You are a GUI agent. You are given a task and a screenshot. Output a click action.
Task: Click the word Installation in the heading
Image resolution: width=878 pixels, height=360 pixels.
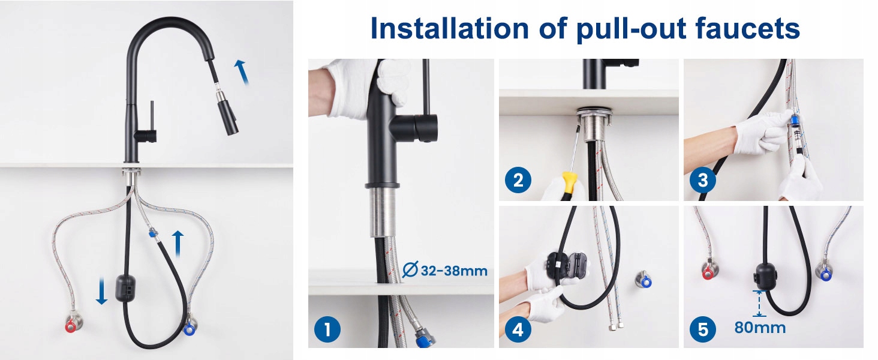tap(449, 28)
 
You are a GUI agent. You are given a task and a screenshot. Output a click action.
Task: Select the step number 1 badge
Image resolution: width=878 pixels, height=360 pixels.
tap(327, 329)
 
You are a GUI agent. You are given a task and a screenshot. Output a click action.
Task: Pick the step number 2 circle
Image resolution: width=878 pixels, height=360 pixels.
tap(518, 180)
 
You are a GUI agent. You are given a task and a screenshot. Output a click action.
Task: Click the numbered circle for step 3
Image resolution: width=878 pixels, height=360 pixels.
tap(703, 180)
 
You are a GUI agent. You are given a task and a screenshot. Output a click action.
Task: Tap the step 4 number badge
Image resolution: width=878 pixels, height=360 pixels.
tap(518, 329)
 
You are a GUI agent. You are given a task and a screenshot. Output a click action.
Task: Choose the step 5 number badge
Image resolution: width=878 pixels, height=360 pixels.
tap(703, 329)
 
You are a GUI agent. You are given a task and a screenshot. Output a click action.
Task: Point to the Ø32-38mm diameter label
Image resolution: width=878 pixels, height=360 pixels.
tap(445, 270)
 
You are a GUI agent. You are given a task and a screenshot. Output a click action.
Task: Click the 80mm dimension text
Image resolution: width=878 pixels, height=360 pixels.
tap(760, 328)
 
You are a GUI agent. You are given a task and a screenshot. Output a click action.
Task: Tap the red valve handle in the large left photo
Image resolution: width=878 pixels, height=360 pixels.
tap(71, 326)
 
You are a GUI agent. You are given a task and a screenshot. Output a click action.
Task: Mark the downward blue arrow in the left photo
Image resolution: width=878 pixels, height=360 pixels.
tap(101, 290)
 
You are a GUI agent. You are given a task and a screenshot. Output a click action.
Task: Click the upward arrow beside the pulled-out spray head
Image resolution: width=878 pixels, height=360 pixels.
tap(242, 72)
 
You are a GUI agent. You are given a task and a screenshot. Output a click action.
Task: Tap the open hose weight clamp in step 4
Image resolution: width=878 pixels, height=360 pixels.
tap(568, 266)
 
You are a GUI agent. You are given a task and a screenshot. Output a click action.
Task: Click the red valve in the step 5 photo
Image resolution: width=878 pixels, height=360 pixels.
tap(708, 274)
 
